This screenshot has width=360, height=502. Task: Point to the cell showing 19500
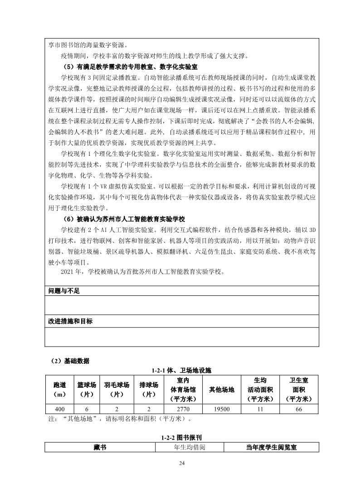point(222,409)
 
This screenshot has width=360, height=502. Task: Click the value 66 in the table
point(298,409)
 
